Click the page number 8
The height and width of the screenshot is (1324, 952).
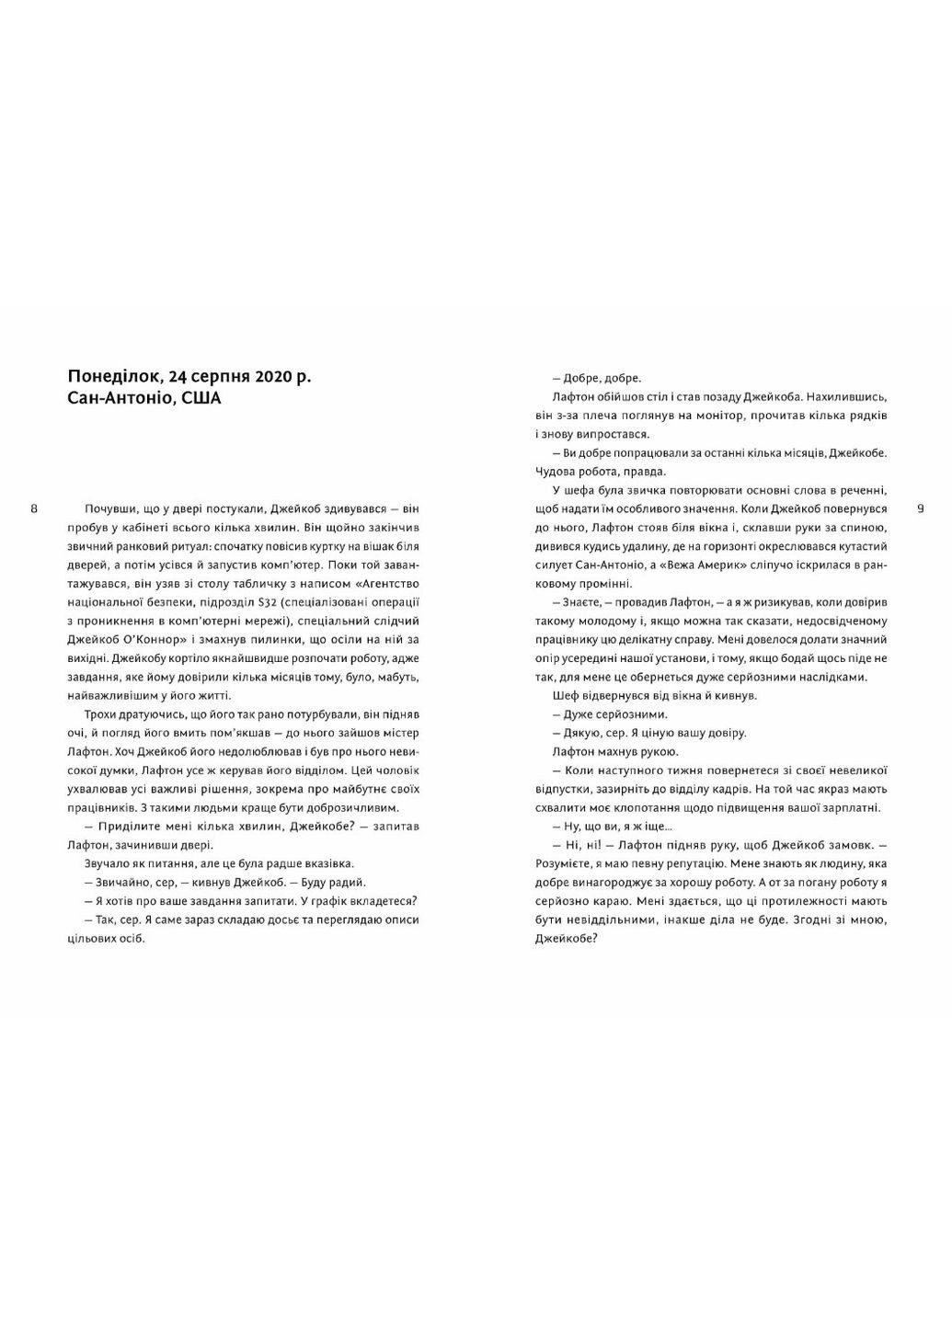point(34,508)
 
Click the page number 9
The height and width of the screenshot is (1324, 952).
point(920,508)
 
